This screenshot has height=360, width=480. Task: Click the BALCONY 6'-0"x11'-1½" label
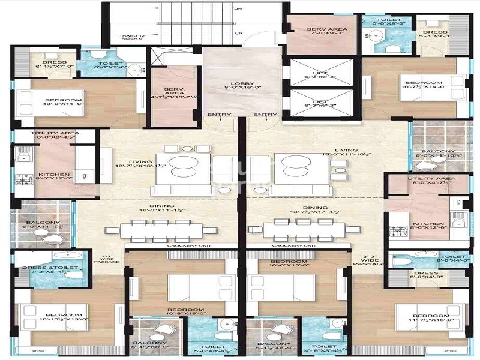tap(43, 224)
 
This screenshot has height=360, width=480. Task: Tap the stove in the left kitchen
tap(24, 179)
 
